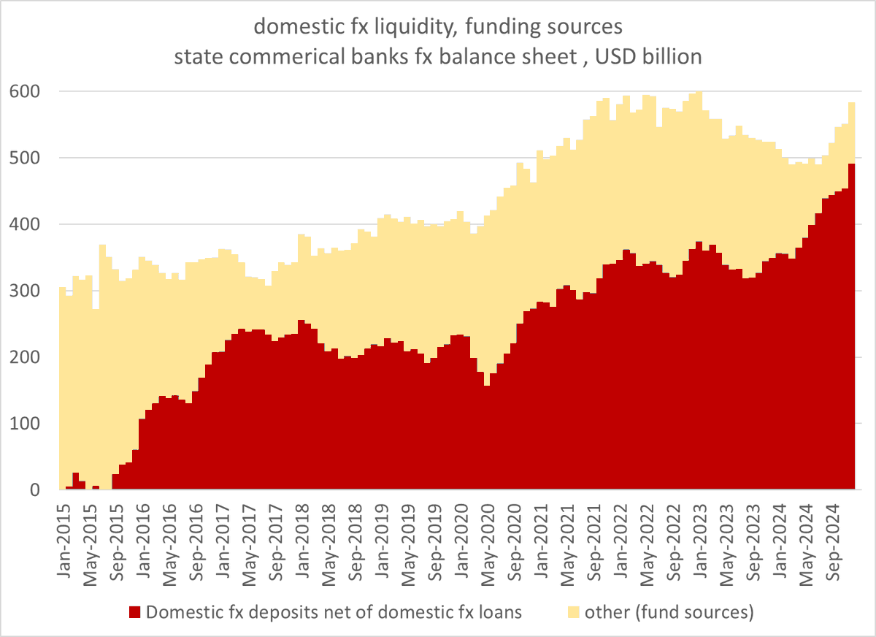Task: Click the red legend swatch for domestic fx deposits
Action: pyautogui.click(x=134, y=612)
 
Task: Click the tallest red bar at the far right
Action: pyautogui.click(x=851, y=329)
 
